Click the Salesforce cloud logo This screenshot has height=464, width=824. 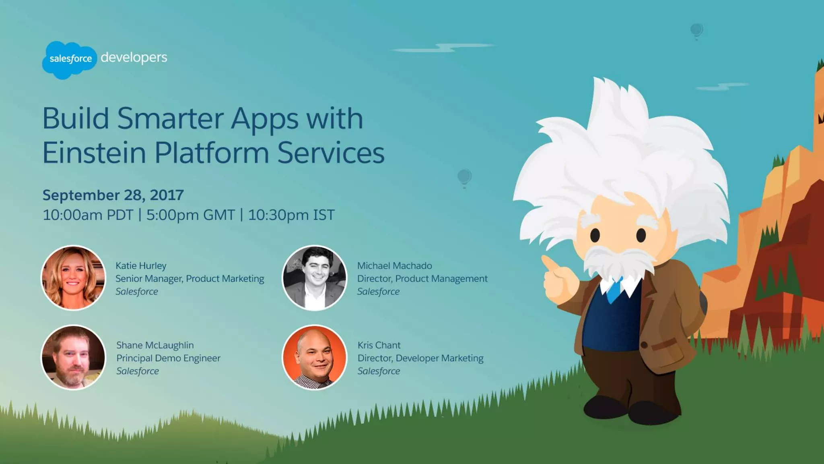click(x=70, y=60)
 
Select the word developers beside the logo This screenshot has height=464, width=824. click(x=134, y=58)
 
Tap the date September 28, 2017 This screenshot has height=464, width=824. click(x=113, y=195)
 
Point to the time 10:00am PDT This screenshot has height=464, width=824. click(x=88, y=215)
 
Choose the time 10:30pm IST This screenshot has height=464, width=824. click(x=291, y=215)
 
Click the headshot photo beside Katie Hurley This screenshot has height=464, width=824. click(x=73, y=278)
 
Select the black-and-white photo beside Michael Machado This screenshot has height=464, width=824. click(x=314, y=278)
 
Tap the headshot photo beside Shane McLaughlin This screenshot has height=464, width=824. click(x=73, y=357)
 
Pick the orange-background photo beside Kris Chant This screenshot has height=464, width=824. click(x=314, y=357)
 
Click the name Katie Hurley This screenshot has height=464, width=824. click(x=141, y=266)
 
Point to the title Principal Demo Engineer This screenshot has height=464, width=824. click(x=168, y=358)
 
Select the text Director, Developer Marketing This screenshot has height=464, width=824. click(x=420, y=358)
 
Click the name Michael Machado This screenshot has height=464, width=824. click(x=394, y=266)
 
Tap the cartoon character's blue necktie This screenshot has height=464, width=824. click(x=614, y=290)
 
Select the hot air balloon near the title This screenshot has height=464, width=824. click(x=464, y=178)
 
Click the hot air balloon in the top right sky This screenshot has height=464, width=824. click(x=696, y=31)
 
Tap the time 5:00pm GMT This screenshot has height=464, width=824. click(x=190, y=215)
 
